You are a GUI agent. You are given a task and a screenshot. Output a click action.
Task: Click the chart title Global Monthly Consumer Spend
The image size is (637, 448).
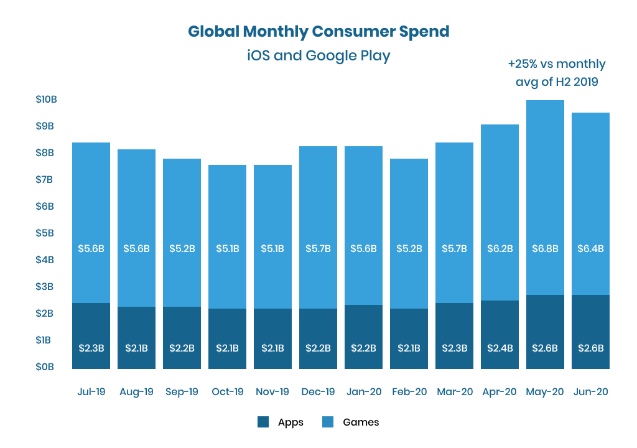pos(318,31)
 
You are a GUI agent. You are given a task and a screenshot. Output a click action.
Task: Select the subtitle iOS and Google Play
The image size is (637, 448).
pos(318,55)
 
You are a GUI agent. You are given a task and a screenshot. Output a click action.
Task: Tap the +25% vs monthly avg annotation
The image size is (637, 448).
pos(556,72)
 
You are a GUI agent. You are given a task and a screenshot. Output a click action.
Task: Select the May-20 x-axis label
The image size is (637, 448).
pos(545,392)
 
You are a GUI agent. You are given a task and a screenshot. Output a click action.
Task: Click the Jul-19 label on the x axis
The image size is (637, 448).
pos(91,392)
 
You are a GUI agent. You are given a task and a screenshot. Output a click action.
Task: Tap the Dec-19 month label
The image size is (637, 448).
pos(318,392)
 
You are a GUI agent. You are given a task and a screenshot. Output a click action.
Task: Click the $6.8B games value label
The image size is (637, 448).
pos(545,248)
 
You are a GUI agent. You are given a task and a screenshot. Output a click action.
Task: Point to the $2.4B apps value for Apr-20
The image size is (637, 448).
pos(500,348)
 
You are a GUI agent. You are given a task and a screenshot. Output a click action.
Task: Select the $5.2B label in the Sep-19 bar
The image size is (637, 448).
pos(182,248)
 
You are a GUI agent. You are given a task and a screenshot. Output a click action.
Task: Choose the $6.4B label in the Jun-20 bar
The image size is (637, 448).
pos(590,248)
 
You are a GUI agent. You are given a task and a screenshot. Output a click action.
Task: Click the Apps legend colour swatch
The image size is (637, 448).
pos(263,422)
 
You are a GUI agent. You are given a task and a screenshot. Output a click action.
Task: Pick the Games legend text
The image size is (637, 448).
pos(361,422)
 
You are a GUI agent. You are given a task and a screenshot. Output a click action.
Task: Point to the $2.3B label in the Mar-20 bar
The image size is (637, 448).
pos(454,348)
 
